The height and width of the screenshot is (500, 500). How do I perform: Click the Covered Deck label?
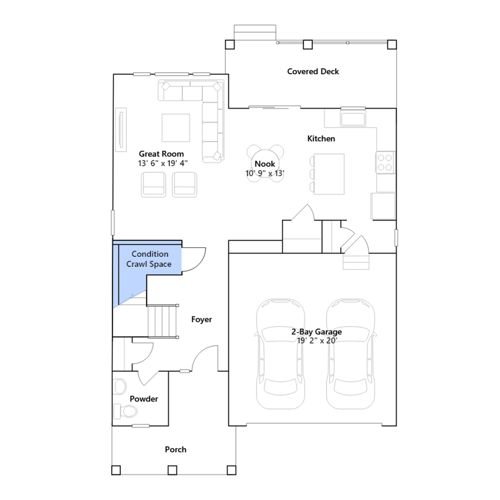(313, 72)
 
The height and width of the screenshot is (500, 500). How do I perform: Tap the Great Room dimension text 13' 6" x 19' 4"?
(162, 163)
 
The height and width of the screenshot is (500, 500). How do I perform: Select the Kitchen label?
(321, 138)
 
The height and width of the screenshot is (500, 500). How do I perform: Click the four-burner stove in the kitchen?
(385, 162)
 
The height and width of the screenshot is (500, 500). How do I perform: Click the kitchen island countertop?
(329, 174)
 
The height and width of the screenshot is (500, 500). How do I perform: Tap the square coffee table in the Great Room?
(176, 128)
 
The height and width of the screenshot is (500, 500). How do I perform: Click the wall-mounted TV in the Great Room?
(121, 130)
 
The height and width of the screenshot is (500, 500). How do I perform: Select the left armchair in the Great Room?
(153, 184)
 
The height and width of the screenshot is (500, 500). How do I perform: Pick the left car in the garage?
(280, 354)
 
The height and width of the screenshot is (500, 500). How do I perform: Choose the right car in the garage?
(351, 354)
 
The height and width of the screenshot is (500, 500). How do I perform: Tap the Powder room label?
(144, 399)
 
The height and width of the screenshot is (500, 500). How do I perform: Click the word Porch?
(176, 450)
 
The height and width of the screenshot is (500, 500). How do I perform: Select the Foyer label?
(202, 319)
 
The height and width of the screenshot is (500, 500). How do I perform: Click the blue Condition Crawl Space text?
(149, 259)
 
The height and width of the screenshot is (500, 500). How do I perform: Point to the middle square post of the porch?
(172, 470)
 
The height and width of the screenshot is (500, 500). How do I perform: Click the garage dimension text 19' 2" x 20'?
(317, 341)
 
